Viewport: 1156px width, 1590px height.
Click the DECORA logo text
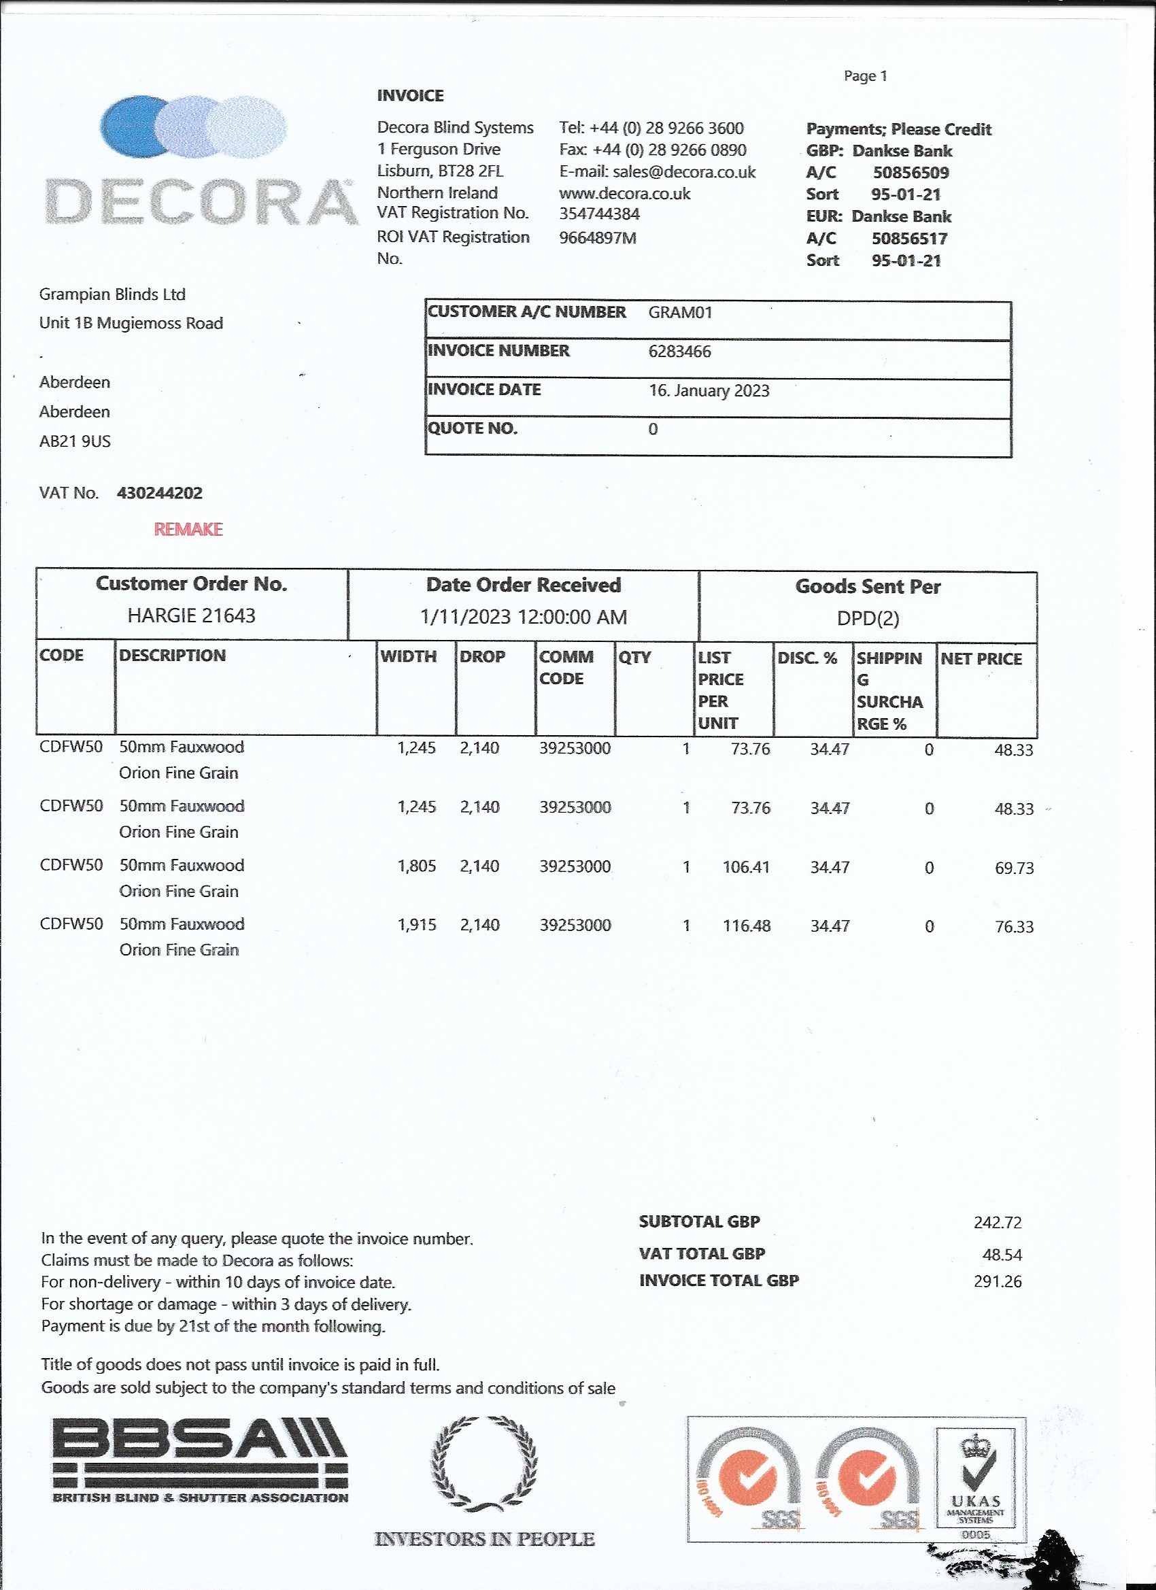[x=201, y=203]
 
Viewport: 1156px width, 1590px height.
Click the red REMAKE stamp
[x=188, y=529]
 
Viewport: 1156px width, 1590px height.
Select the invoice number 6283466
[x=679, y=351]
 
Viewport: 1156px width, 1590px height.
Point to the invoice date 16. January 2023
[x=709, y=390]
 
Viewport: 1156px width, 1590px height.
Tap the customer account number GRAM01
[x=680, y=313]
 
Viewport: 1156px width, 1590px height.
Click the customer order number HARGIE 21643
[x=191, y=615]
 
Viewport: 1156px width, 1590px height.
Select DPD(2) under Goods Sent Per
[x=868, y=618]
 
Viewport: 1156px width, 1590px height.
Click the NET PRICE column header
[x=981, y=659]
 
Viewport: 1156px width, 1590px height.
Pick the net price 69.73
[x=1014, y=868]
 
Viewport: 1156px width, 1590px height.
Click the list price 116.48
[x=747, y=926]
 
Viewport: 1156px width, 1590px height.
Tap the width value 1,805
[x=416, y=866]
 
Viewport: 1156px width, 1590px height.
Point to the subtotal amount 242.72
[x=998, y=1223]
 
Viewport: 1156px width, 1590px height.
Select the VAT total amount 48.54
[x=1002, y=1255]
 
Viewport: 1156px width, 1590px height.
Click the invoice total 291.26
[x=998, y=1281]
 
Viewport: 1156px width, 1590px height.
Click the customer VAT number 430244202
[x=160, y=493]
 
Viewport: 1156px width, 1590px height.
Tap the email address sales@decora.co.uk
[x=684, y=173]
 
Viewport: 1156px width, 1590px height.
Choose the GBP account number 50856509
[x=911, y=173]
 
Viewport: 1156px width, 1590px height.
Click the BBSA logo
[x=201, y=1461]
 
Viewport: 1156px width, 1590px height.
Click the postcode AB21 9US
[x=75, y=441]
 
